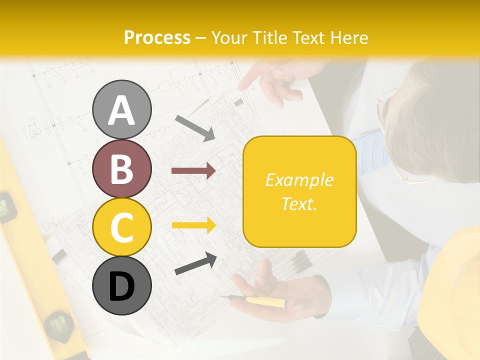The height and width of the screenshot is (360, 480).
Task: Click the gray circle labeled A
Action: [x=121, y=109]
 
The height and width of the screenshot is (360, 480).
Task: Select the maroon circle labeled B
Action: [x=121, y=168]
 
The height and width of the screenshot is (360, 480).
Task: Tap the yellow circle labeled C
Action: [x=121, y=227]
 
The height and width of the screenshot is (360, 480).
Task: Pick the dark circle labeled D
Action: [x=121, y=286]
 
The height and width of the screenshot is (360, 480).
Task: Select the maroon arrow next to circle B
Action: [x=193, y=171]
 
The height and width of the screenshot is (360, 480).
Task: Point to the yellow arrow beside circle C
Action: [x=193, y=225]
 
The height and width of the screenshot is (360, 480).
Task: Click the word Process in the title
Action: [x=157, y=37]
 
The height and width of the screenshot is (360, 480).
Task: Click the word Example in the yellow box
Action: [x=299, y=180]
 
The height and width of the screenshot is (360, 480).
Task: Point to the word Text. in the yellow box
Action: [x=299, y=204]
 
